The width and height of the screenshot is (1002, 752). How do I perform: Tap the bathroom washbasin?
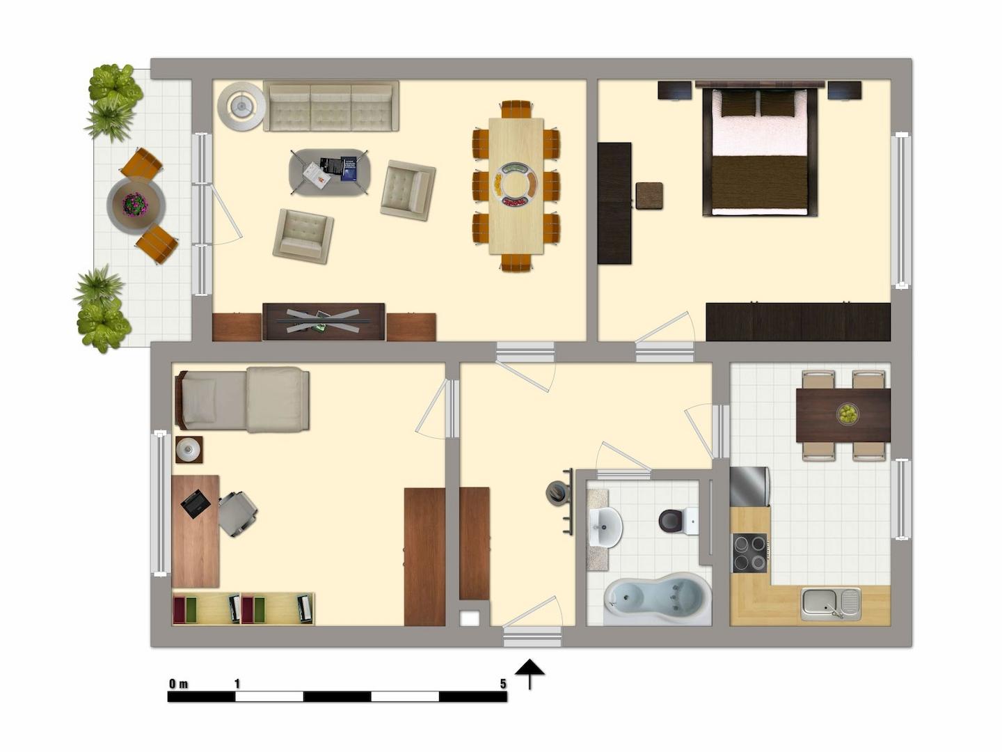(605, 526)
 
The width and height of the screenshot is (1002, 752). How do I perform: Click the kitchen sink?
(830, 603)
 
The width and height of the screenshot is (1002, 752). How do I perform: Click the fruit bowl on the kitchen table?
(847, 414)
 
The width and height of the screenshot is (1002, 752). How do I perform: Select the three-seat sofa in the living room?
(331, 106)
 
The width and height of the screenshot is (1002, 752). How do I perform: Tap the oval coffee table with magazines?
(329, 172)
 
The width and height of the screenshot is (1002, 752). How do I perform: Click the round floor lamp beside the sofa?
(241, 107)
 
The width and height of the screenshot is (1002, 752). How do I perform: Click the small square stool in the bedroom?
(649, 196)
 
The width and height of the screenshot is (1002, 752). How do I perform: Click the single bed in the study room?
(243, 400)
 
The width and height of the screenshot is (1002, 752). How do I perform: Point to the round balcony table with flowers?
(136, 205)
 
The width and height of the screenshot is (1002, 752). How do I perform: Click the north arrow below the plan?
(530, 673)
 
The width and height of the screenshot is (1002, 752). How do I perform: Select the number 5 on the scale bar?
(502, 684)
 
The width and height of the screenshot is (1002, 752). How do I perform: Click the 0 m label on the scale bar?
(178, 684)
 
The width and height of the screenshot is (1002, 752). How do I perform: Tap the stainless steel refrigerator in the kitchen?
(749, 486)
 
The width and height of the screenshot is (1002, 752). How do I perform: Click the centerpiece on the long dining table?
(516, 185)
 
